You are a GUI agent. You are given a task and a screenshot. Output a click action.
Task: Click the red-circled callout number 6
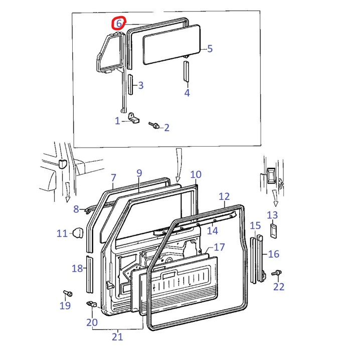pos(119,23)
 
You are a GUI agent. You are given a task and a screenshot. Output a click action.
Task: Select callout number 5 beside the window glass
pos(210,48)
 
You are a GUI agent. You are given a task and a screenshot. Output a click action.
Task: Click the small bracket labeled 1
pos(133,118)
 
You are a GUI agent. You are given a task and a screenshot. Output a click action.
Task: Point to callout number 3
pos(141,85)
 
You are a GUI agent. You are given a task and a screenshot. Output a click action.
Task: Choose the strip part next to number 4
pos(187,72)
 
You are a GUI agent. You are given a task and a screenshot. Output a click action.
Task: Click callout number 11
pos(62,233)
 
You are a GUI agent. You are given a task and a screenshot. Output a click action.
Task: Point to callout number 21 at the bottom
pos(117,337)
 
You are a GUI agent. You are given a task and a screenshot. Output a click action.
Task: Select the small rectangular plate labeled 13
pos(273,231)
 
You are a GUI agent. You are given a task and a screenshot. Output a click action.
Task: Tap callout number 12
pos(224,196)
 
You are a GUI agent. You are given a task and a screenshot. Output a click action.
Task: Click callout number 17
pos(220,247)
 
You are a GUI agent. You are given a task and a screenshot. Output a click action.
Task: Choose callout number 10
pos(196,175)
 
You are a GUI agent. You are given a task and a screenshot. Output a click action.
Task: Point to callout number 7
pos(113,177)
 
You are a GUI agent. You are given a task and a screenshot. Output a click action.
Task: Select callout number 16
pos(274,254)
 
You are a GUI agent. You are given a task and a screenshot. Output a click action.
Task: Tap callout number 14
pos(213,230)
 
